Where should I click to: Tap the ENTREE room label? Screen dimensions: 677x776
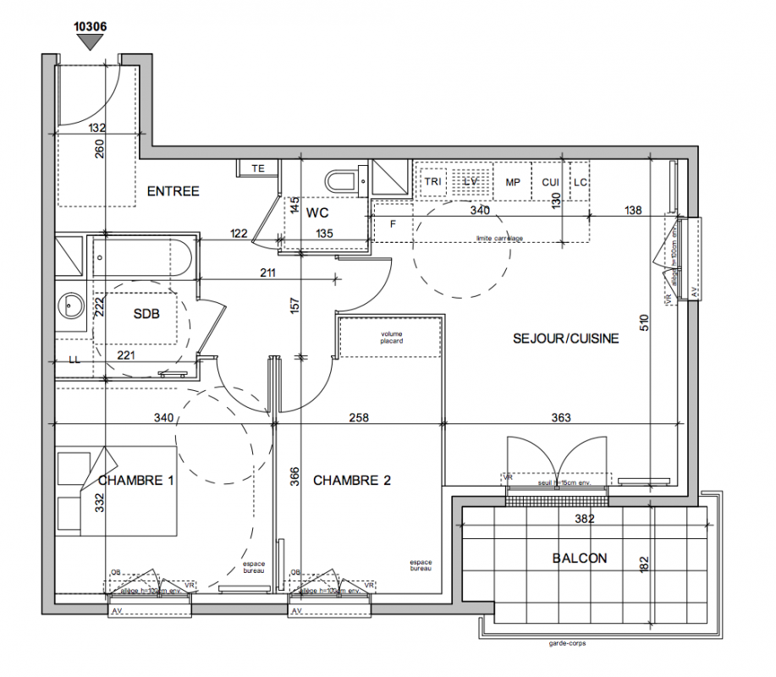(x=173, y=191)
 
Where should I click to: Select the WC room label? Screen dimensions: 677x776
(x=317, y=212)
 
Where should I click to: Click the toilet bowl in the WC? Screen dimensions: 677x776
(x=342, y=181)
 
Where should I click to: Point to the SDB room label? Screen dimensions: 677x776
(x=146, y=313)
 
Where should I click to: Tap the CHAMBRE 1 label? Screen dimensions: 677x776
(x=136, y=481)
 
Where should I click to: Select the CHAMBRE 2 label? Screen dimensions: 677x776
(x=351, y=481)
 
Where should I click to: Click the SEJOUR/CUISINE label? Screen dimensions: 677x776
(x=566, y=338)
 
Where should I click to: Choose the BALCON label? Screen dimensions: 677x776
(x=580, y=559)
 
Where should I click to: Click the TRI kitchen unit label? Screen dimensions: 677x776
(x=433, y=182)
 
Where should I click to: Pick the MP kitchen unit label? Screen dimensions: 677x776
(x=513, y=182)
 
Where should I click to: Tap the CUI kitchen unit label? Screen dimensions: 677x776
(x=550, y=182)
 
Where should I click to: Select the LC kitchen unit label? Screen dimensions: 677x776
(x=580, y=182)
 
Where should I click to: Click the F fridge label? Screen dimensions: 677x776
(x=393, y=224)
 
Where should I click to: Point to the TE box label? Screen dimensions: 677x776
(x=258, y=168)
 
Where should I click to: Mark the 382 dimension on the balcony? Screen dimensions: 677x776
(x=584, y=519)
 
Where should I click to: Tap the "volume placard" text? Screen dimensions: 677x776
(x=392, y=337)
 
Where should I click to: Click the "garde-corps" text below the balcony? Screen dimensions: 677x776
(x=566, y=643)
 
